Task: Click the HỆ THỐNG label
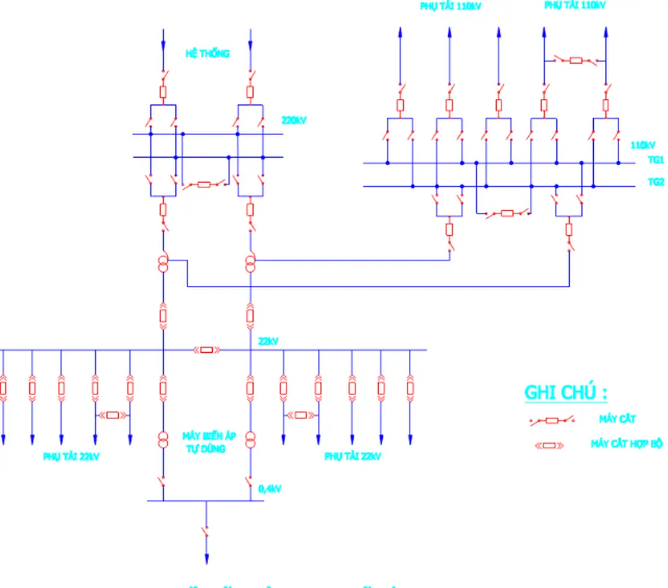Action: pos(207,54)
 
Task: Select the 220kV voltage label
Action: pos(294,121)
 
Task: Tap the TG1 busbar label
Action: pos(656,160)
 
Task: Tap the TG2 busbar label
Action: pos(656,182)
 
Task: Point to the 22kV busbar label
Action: pos(268,341)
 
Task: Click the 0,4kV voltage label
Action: pos(270,489)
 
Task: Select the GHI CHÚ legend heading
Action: pos(565,392)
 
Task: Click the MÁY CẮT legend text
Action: pos(617,419)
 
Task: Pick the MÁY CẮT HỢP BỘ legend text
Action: pos(626,444)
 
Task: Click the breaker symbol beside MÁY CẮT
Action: pos(552,420)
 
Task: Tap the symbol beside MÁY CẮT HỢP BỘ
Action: pos(549,445)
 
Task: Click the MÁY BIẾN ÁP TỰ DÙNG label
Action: pos(209,442)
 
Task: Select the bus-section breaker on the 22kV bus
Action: pos(207,350)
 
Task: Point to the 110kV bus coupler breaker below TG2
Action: pos(507,214)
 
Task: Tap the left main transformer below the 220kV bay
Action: pos(163,264)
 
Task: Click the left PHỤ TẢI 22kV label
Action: pos(71,457)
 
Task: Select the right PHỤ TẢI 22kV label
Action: pos(353,457)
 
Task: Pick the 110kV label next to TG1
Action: pos(643,145)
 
